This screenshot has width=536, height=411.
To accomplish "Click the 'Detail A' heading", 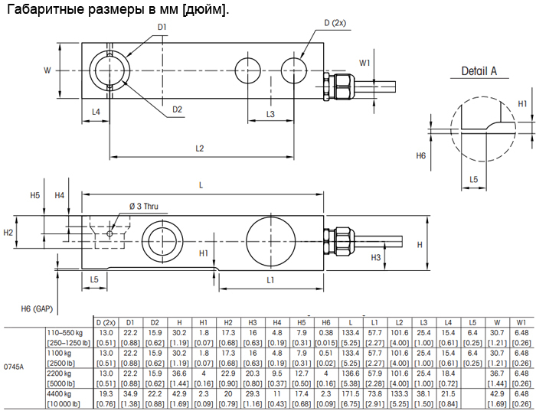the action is pyautogui.click(x=479, y=71).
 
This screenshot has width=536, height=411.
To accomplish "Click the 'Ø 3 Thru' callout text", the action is pyautogui.click(x=144, y=207).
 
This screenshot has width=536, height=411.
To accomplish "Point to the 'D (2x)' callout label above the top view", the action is pyautogui.click(x=335, y=23).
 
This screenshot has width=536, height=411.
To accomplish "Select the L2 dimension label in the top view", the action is pyautogui.click(x=200, y=148).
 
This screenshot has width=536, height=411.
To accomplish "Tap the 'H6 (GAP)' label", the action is pyautogui.click(x=37, y=309).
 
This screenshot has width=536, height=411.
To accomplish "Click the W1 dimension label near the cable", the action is pyautogui.click(x=364, y=63).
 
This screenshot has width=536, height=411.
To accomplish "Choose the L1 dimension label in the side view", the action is pyautogui.click(x=270, y=280).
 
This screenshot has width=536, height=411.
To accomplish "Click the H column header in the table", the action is pyautogui.click(x=179, y=322).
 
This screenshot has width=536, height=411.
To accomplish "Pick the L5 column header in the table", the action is pyautogui.click(x=472, y=322).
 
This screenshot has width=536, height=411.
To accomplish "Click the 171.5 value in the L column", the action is pyautogui.click(x=351, y=394).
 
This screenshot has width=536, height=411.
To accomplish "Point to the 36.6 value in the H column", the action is pyautogui.click(x=179, y=373).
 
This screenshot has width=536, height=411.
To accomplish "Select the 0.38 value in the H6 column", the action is pyautogui.click(x=326, y=333).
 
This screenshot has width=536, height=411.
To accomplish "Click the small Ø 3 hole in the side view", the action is pyautogui.click(x=109, y=233).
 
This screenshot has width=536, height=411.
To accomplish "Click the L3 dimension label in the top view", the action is pyautogui.click(x=270, y=114).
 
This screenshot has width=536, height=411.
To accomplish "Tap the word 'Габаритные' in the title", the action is pyautogui.click(x=45, y=9).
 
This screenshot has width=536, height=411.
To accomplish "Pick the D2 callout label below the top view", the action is pyautogui.click(x=177, y=109).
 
